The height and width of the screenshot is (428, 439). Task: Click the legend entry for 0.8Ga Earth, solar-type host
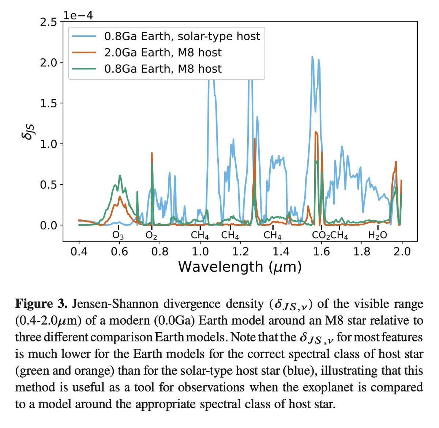pyautogui.click(x=182, y=37)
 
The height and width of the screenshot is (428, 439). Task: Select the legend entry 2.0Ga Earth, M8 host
pyautogui.click(x=163, y=53)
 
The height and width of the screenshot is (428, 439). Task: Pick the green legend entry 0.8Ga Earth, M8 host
pyautogui.click(x=163, y=69)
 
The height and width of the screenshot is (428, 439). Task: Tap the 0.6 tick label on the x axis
pyautogui.click(x=119, y=252)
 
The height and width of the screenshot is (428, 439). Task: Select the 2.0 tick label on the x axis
pyautogui.click(x=402, y=252)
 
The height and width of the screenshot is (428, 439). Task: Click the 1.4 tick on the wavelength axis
pyautogui.click(x=281, y=252)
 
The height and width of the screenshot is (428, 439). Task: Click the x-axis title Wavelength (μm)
pyautogui.click(x=240, y=267)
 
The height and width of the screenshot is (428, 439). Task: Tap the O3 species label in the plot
pyautogui.click(x=118, y=236)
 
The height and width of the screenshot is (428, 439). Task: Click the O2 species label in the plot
pyautogui.click(x=151, y=236)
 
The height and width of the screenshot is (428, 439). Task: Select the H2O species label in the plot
pyautogui.click(x=377, y=236)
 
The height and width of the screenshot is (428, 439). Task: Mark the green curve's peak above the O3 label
pyautogui.click(x=120, y=176)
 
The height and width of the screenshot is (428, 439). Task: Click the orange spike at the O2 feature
pyautogui.click(x=152, y=153)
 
